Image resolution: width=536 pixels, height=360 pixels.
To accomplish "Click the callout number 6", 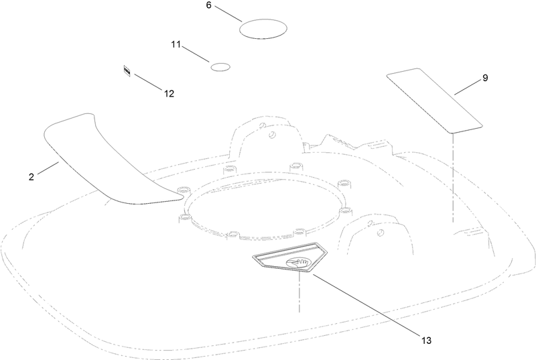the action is coord(209,5).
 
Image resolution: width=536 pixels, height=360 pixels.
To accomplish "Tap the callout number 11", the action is coord(176,44).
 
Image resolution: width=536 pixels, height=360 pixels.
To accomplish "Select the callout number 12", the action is coord(170,94).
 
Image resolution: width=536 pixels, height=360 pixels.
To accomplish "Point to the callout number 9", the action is coord(485,78).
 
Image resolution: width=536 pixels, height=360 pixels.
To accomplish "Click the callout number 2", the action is coord(31,177).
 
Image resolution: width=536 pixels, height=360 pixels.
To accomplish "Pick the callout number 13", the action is coord(426,341).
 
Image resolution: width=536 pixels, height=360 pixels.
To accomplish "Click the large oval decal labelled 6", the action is coord(263,29).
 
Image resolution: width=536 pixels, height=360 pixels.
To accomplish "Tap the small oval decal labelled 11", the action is coord(220,67).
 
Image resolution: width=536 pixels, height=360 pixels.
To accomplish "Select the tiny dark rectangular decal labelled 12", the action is coord(127,71).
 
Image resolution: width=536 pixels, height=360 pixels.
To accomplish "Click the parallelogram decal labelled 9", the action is coord(434,100).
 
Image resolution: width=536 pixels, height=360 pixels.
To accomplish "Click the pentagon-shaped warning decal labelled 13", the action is coord(290,257).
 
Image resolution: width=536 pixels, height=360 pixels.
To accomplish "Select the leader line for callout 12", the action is coord(148,82).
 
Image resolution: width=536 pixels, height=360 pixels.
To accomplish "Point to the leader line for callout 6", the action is coord(228,13).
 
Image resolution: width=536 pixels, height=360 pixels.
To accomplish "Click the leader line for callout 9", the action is coord(467,88).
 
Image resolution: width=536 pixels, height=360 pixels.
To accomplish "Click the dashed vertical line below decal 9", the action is coord(453,178).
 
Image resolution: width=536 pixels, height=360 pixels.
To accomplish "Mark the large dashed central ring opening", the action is coord(263,205).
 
